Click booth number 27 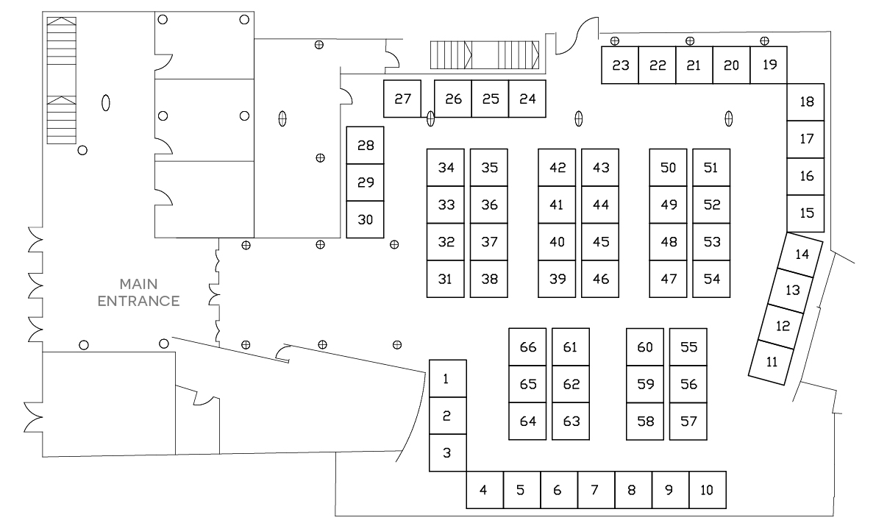tap(402, 99)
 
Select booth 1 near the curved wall tap(447, 378)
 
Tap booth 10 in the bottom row tap(707, 490)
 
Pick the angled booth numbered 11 tap(771, 362)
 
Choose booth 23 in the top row tap(620, 65)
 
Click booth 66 tap(527, 347)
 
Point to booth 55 tap(688, 347)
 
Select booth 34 tap(446, 168)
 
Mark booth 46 tap(600, 279)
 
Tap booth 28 tap(366, 145)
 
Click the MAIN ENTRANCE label tap(139, 292)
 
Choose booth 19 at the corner tap(769, 65)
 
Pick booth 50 tap(668, 168)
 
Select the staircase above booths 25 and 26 tap(485, 54)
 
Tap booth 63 tap(571, 422)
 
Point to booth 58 tap(645, 422)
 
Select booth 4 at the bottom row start tap(484, 490)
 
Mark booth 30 tap(366, 219)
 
